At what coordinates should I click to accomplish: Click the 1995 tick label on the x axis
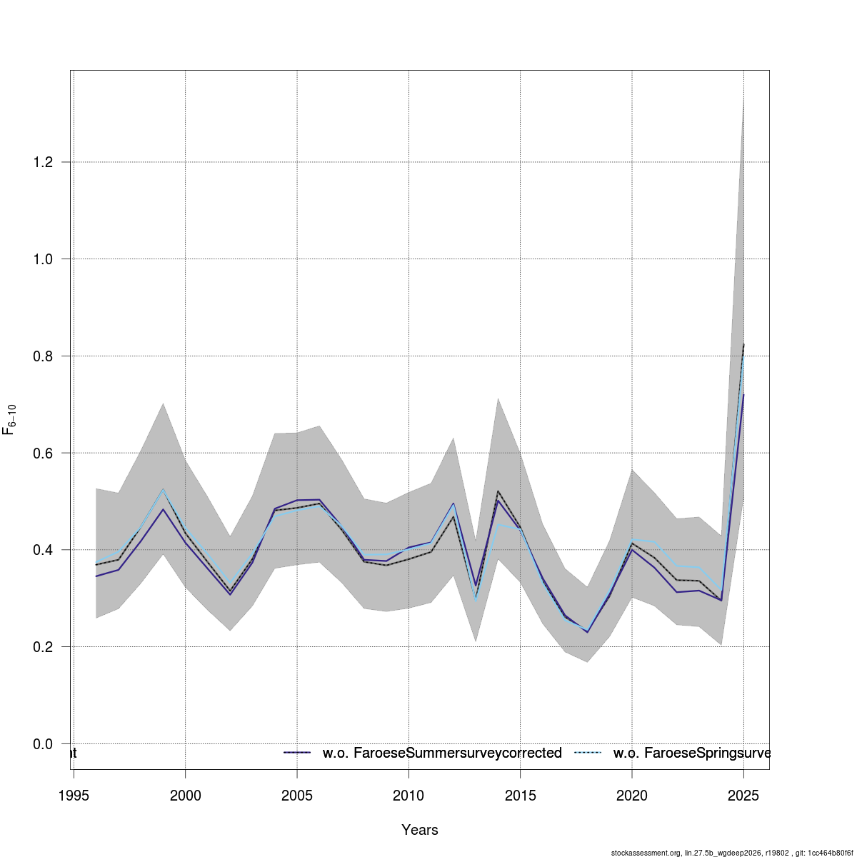pos(74,796)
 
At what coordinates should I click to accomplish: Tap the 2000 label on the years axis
pos(185,796)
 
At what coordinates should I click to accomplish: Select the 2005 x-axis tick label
pos(297,796)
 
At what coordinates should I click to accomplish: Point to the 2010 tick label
pos(409,796)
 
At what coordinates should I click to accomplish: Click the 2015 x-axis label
pos(520,796)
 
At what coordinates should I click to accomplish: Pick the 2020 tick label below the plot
pos(632,796)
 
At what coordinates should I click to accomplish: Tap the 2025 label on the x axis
pos(743,796)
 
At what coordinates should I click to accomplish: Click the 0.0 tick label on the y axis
pos(43,744)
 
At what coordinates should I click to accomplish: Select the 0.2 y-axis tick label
pos(43,647)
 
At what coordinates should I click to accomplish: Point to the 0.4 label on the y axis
pos(43,550)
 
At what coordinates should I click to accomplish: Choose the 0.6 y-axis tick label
pos(43,453)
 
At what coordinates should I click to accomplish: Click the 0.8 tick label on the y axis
pos(43,356)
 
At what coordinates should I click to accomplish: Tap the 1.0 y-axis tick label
pos(43,259)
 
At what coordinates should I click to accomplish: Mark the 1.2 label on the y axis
pos(43,162)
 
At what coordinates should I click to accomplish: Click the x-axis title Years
pos(420,830)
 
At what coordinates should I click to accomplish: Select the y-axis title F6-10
pos(10,420)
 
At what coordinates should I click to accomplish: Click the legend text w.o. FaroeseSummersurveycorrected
pos(442,753)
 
